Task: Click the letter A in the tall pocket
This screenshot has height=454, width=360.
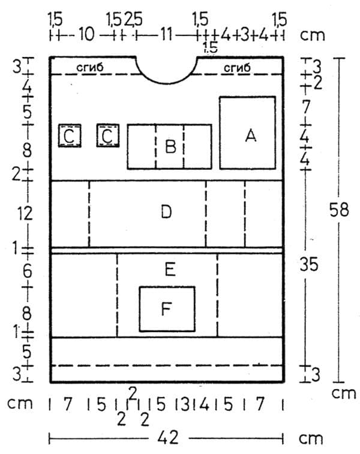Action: [x=251, y=136]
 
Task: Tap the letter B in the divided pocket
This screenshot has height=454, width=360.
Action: [x=170, y=146]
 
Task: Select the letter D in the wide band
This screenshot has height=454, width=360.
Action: [x=166, y=211]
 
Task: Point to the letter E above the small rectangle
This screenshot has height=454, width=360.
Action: [x=170, y=270]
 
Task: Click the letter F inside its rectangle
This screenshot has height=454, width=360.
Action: [x=166, y=308]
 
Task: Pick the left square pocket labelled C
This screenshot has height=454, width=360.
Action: [x=70, y=136]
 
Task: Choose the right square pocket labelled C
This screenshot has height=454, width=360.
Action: [x=107, y=136]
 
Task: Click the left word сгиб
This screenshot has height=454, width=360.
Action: [x=90, y=67]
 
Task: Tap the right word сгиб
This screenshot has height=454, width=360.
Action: [x=237, y=68]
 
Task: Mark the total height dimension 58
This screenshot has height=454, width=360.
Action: [x=339, y=210]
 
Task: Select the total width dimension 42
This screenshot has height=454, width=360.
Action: [x=168, y=438]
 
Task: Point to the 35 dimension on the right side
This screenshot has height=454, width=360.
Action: [x=309, y=264]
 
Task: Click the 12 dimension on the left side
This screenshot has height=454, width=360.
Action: [x=25, y=214]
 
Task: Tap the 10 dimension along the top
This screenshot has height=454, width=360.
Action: [x=86, y=34]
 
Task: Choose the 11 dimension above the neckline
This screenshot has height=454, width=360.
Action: [x=166, y=34]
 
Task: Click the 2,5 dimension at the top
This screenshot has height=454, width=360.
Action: [x=134, y=20]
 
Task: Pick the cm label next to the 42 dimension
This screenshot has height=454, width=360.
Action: [x=311, y=439]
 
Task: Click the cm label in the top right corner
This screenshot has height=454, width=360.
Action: [x=313, y=35]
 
